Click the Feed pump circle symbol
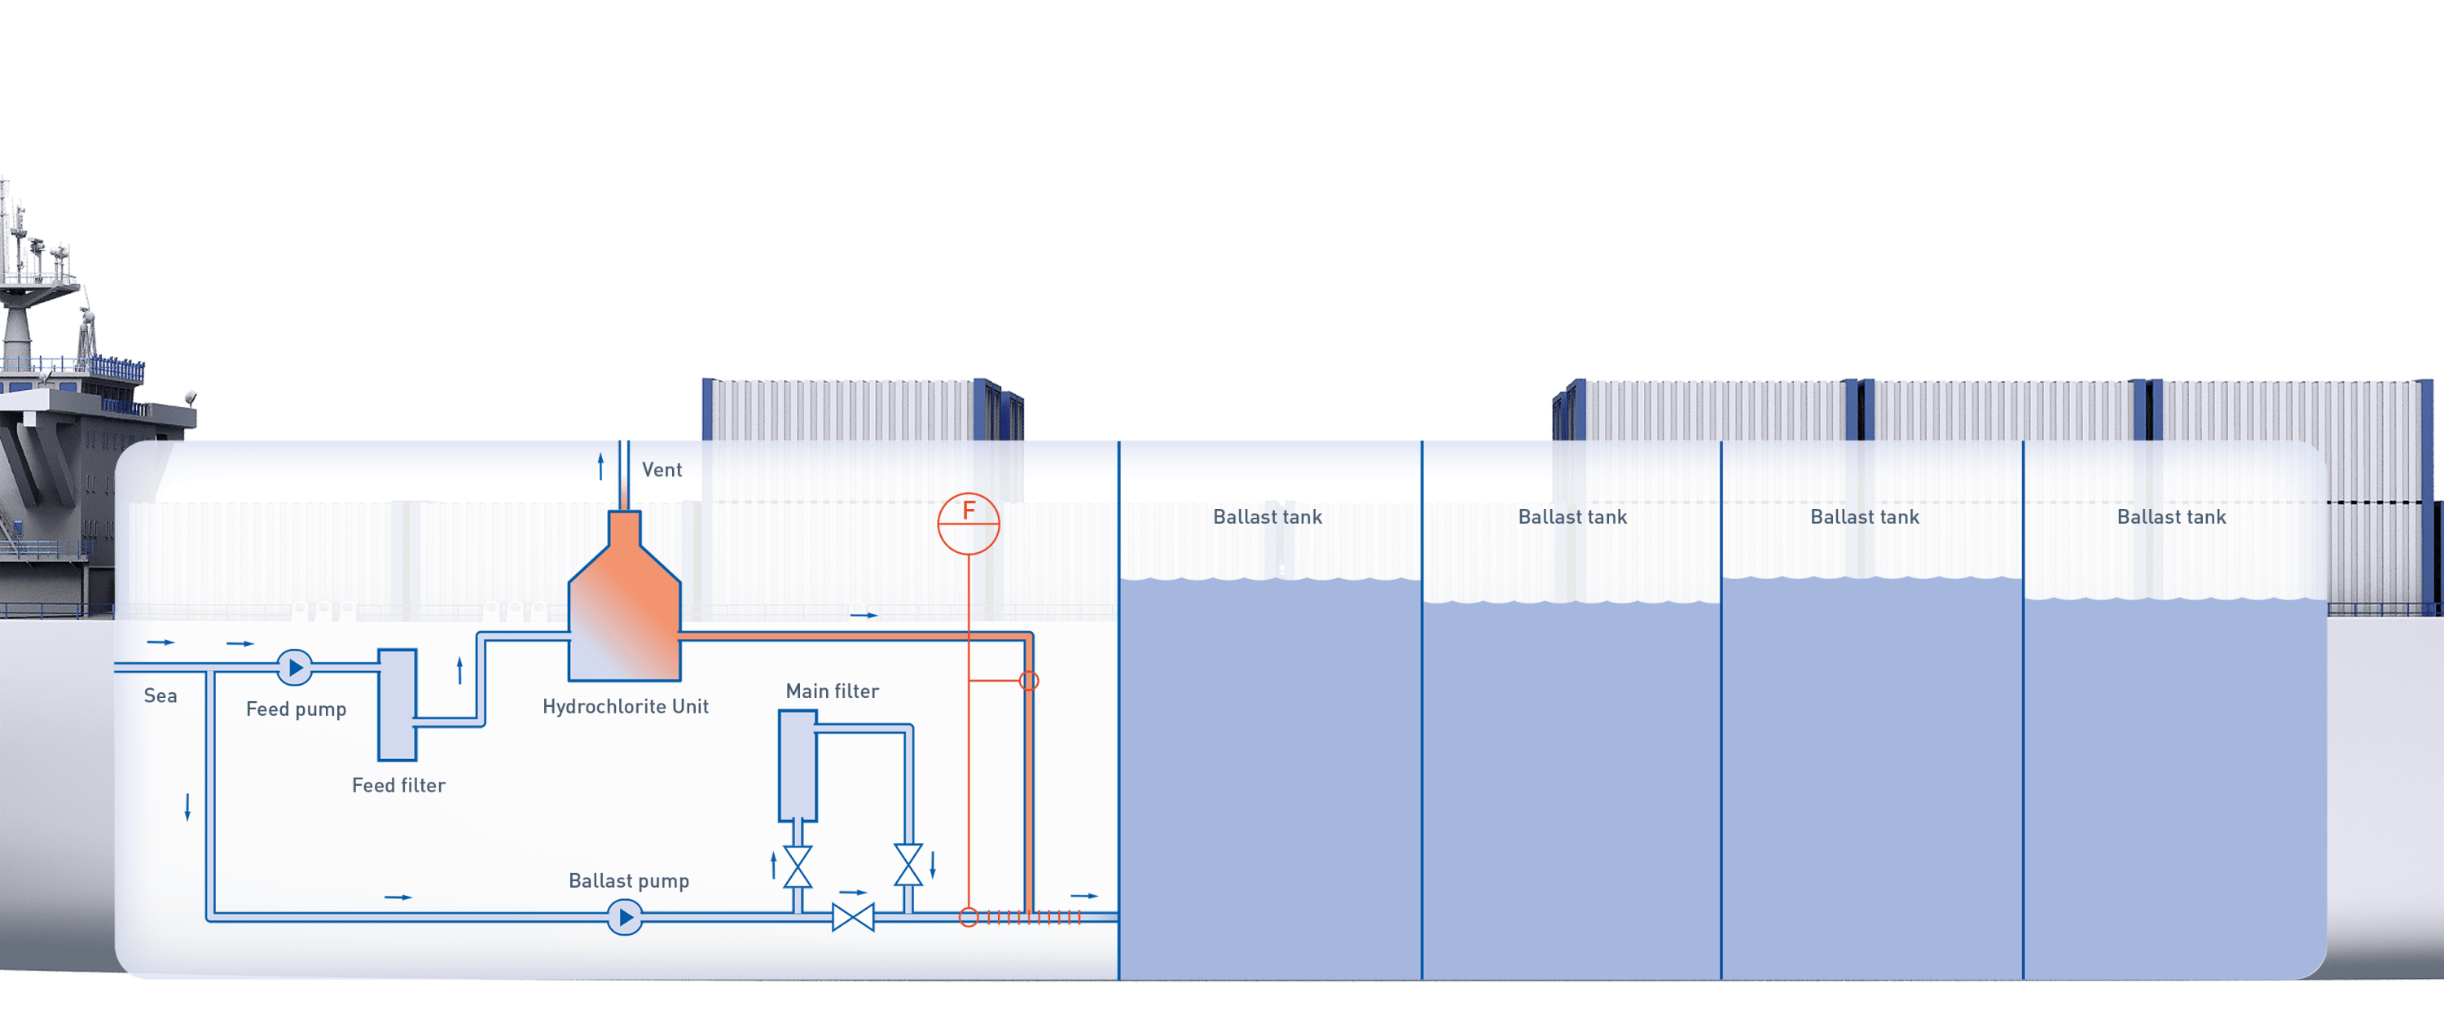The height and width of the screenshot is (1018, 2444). coord(295,668)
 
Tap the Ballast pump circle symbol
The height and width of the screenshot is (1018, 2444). coord(624,918)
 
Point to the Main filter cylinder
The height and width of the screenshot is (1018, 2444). coord(798,766)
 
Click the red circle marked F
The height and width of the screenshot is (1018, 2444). coord(969,523)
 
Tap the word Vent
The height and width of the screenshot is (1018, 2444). coord(662,470)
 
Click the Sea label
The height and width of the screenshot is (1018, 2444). coord(160,695)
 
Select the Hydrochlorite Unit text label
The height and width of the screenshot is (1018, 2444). coord(625,706)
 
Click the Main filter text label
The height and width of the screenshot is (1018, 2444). coord(832,691)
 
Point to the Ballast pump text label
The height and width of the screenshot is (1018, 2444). coord(629,880)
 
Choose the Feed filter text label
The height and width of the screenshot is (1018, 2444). coord(398,784)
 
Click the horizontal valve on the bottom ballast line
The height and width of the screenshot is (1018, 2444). coord(853,918)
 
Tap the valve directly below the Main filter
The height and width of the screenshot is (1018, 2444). coord(798,867)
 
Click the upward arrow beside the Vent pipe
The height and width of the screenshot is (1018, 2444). coord(600,466)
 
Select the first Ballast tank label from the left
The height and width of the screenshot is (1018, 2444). coord(1268,517)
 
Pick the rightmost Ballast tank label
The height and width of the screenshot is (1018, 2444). coord(2172,517)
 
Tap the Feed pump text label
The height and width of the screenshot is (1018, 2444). coord(296,709)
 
